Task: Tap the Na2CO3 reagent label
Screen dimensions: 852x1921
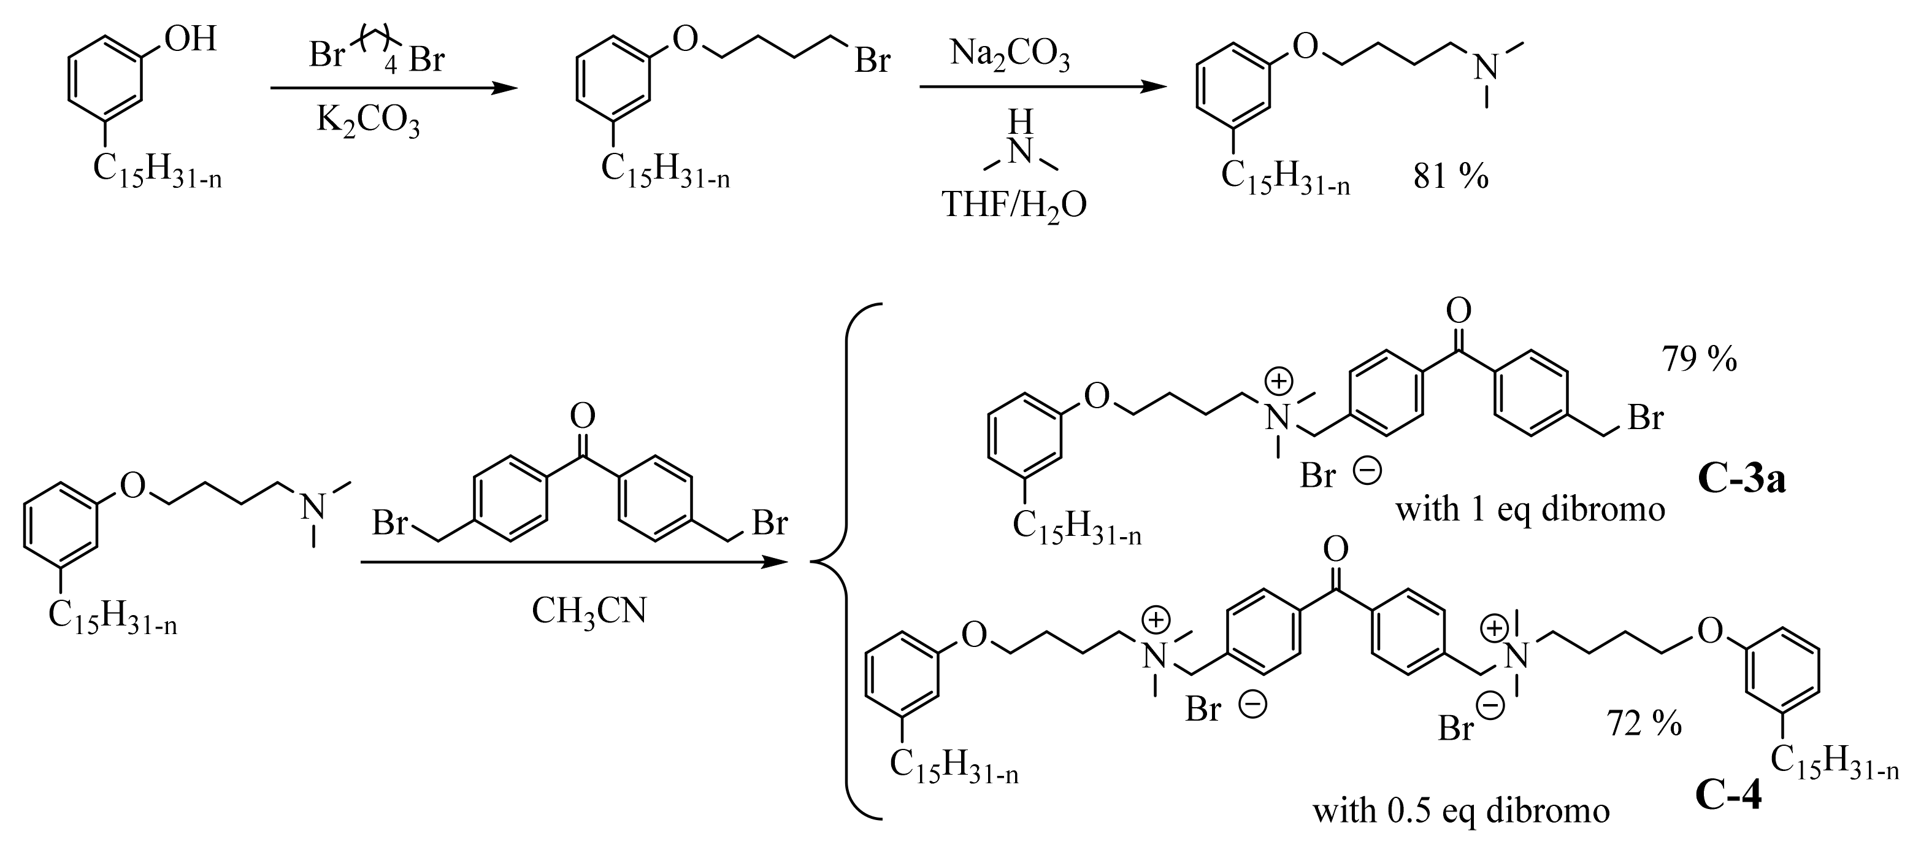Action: [x=1010, y=56]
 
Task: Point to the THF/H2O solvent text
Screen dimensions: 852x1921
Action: [x=1015, y=204]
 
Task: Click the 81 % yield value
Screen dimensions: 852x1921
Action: [x=1451, y=177]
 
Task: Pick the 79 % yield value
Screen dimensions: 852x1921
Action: [x=1700, y=360]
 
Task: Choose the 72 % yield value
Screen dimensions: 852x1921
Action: [x=1644, y=724]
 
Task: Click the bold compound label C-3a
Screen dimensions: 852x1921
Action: [x=1741, y=480]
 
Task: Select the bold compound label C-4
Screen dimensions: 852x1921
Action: [x=1728, y=796]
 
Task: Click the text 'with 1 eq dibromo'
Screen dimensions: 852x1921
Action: [x=1530, y=509]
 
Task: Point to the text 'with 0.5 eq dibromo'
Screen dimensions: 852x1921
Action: [x=1461, y=811]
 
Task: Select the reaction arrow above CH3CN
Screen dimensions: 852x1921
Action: [x=573, y=562]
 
